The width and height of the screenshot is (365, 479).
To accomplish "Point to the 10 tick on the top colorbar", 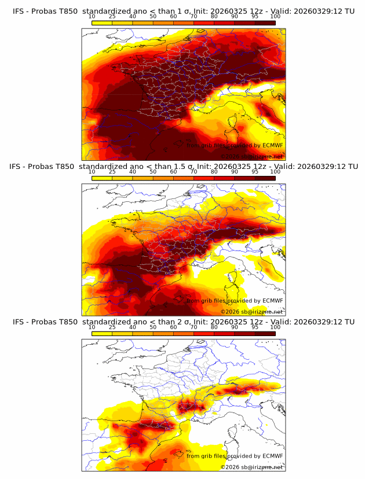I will tap(92, 17).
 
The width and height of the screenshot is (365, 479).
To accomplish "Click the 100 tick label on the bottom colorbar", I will tap(275, 327).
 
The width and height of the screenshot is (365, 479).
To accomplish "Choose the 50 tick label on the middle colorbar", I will tap(153, 171).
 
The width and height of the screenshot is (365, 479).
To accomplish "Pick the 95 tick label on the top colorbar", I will tap(255, 17).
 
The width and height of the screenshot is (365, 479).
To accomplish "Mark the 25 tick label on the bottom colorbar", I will tap(112, 327).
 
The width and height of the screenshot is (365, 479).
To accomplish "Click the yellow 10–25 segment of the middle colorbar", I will tap(102, 178).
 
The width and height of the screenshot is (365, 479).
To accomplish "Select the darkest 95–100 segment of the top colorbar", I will tap(265, 23).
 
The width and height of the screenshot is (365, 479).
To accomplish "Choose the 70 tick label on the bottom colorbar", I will tap(194, 327).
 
